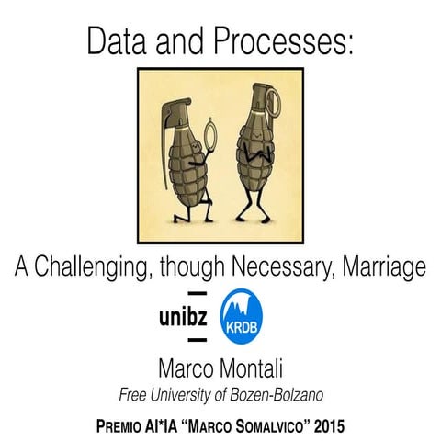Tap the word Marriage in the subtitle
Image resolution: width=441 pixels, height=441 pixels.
tap(385, 267)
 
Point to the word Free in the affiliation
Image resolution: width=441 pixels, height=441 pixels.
tap(135, 396)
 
